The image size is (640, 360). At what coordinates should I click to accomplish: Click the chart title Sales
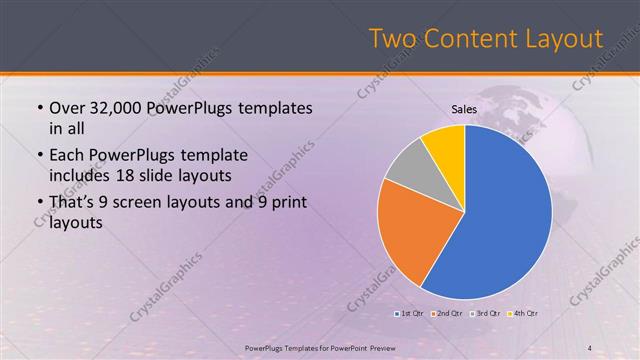464,109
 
